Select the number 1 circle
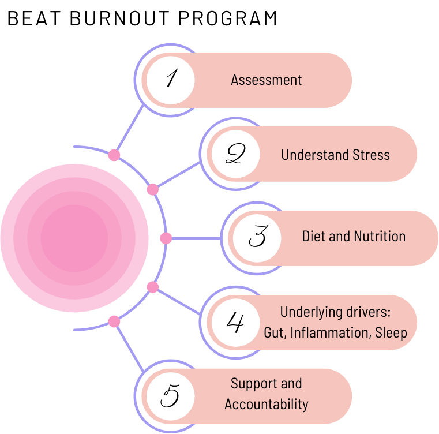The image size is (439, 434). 170,80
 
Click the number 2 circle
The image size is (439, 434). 235,154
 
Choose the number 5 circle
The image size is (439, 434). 170,396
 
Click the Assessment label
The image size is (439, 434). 266,80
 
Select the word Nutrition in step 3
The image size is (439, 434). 380,236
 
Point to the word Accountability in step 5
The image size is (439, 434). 266,404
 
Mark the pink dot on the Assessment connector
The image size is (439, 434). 114,155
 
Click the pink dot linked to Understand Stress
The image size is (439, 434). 153,189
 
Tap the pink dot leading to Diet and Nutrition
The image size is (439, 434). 166,238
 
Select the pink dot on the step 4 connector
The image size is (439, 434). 153,287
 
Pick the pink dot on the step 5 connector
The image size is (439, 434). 114,321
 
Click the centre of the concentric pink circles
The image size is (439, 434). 74,238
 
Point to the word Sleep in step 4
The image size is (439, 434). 391,333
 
